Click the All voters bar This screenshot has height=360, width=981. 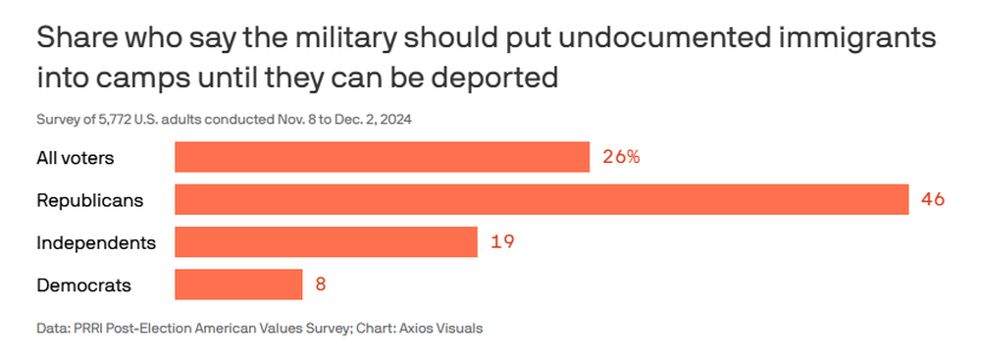[382, 157]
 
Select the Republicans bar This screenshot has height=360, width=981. [542, 199]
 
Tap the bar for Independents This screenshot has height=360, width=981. [326, 241]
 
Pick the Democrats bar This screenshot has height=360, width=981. [238, 284]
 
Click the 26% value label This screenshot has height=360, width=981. [621, 157]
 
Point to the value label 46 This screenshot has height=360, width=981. [932, 199]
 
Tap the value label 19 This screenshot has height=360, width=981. [502, 241]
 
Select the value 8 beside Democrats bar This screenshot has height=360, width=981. [321, 284]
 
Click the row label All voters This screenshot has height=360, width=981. [76, 158]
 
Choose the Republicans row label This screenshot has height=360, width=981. [90, 200]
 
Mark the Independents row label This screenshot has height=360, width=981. [96, 243]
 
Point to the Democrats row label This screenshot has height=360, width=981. [83, 285]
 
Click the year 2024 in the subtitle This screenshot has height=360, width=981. [398, 119]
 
